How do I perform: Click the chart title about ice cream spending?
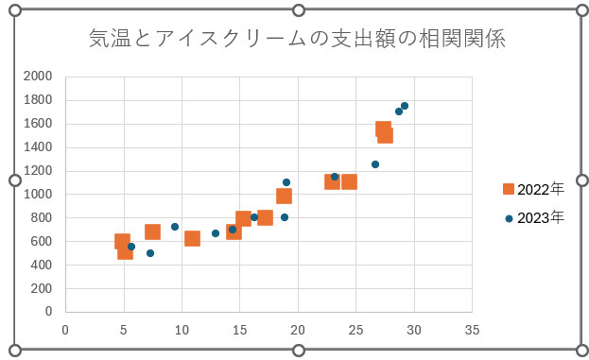297,39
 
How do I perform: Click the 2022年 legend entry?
535,189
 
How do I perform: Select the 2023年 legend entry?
535,217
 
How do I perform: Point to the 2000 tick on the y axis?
38,77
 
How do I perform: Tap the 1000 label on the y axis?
38,195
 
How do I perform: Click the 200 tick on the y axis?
43,288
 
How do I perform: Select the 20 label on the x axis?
298,329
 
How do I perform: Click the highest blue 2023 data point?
405,106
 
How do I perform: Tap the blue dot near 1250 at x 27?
375,164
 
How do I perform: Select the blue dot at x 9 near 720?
175,227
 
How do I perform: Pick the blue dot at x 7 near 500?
150,253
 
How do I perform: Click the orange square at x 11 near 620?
192,238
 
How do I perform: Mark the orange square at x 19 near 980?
284,196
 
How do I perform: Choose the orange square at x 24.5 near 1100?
349,181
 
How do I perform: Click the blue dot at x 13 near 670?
216,233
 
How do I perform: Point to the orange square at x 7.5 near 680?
152,231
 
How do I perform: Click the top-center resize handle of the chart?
298,10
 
